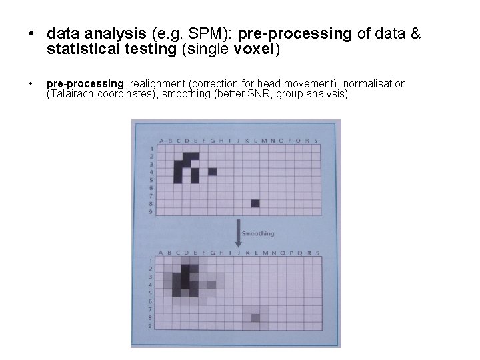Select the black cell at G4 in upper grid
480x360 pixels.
(x=212, y=171)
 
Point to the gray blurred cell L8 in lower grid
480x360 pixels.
(x=255, y=318)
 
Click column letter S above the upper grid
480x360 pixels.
(x=315, y=140)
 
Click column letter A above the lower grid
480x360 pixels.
(x=161, y=252)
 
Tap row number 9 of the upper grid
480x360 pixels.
(x=151, y=211)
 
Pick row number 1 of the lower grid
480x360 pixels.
(x=151, y=261)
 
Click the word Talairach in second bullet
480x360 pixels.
(x=71, y=94)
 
